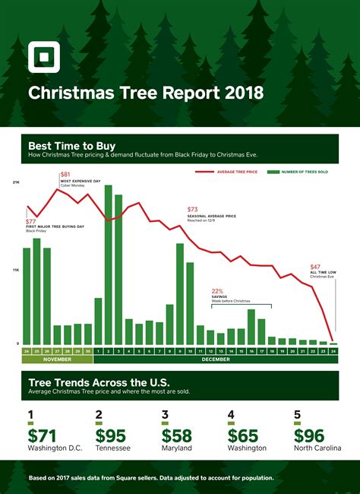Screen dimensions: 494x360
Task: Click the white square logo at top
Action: (x=40, y=55)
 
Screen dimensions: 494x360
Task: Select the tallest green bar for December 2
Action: (x=109, y=264)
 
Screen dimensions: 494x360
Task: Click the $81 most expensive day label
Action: (x=65, y=175)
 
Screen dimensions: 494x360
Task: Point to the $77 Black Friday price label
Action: (x=30, y=221)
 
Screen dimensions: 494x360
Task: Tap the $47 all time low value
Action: (x=316, y=267)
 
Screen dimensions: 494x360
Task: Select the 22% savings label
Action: (x=217, y=291)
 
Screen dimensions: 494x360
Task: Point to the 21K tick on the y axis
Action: (x=16, y=182)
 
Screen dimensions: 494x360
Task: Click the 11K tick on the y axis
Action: (x=16, y=270)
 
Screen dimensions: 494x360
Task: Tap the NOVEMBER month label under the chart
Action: (x=57, y=359)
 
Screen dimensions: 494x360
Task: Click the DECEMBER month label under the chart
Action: (x=216, y=359)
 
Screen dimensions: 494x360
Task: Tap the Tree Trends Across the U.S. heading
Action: (x=99, y=382)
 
